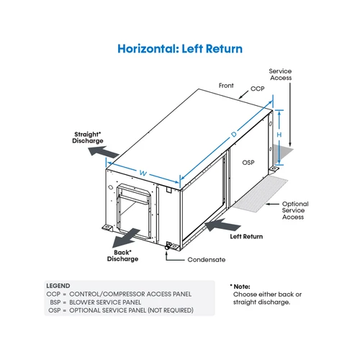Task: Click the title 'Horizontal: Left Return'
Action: click(180, 49)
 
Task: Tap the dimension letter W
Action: click(143, 173)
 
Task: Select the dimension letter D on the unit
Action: click(234, 135)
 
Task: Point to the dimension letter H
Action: click(279, 135)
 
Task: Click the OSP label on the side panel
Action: click(248, 163)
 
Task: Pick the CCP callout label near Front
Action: click(257, 89)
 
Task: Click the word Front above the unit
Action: click(226, 86)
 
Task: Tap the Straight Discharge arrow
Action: click(104, 152)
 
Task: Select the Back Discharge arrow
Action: click(127, 238)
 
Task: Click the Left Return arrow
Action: click(222, 225)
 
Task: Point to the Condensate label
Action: click(207, 260)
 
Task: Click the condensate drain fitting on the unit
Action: click(168, 246)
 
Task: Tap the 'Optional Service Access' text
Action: click(295, 210)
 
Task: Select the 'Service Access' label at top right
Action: click(280, 74)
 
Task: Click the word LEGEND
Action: click(58, 286)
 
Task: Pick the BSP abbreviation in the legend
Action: click(55, 302)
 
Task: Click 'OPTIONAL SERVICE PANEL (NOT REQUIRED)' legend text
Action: click(131, 310)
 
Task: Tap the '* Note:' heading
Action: click(240, 287)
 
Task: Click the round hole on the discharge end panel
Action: click(111, 187)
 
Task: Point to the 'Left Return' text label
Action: click(246, 237)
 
